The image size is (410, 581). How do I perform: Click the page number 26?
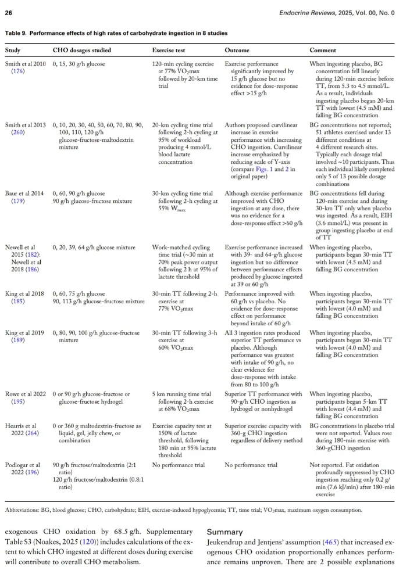coord(10,11)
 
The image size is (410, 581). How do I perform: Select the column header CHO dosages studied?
coord(82,51)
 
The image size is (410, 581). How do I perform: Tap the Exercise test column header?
coord(171,51)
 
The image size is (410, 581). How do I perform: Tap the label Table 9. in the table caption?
coord(19,33)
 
